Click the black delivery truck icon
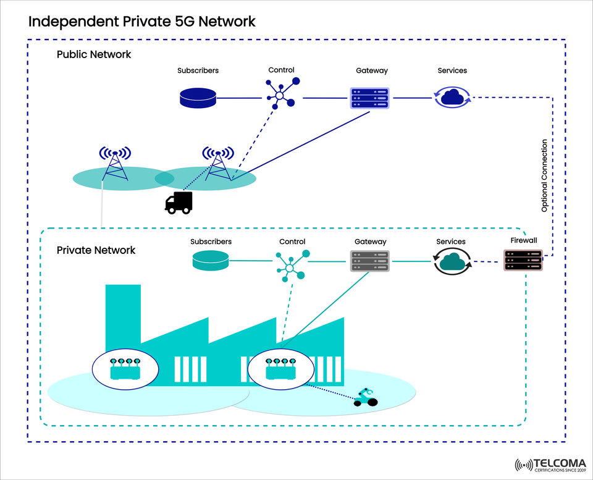pyautogui.click(x=179, y=203)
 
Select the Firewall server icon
pyautogui.click(x=523, y=261)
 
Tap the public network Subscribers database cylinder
pyautogui.click(x=198, y=97)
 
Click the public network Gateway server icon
pyautogui.click(x=369, y=98)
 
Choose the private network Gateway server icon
pyautogui.click(x=369, y=261)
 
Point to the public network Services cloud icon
pyautogui.click(x=453, y=97)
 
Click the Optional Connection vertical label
pyautogui.click(x=544, y=176)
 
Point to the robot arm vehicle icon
pyautogui.click(x=365, y=398)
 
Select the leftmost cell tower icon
pyautogui.click(x=115, y=163)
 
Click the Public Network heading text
pyautogui.click(x=94, y=54)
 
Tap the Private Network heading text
pyautogui.click(x=96, y=250)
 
